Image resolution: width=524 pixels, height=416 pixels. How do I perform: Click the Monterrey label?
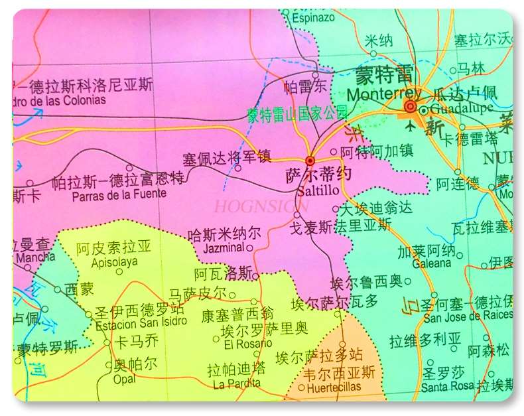tap(383, 94)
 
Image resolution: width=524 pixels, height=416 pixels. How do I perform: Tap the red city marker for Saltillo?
tap(310, 160)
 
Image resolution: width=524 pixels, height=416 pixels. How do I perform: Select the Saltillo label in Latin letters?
tap(318, 190)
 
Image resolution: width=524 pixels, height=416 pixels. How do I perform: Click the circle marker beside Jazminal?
tap(249, 248)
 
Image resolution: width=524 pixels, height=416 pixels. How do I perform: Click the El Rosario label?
tap(247, 343)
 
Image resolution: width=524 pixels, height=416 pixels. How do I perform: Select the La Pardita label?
tap(237, 383)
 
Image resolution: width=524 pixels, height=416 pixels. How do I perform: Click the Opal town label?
tap(125, 379)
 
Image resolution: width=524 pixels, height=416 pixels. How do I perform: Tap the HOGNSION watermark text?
tap(261, 207)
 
